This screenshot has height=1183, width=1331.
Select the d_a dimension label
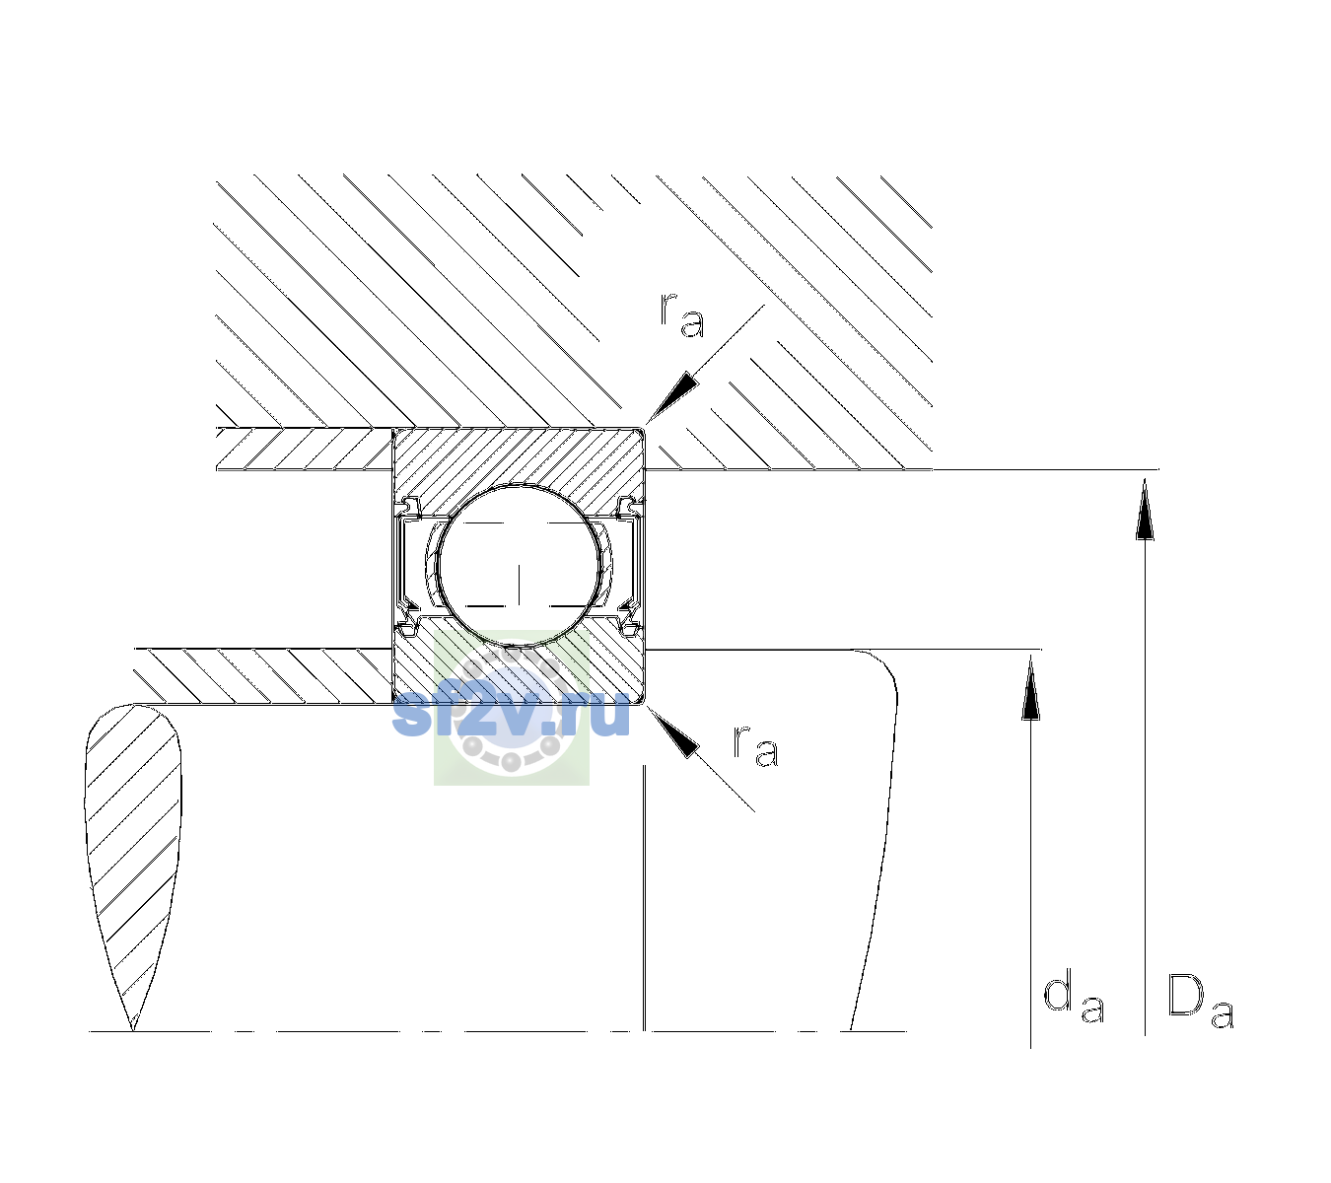click(x=1074, y=997)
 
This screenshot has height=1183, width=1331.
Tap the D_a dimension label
click(x=1200, y=1001)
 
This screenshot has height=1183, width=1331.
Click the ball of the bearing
click(x=519, y=566)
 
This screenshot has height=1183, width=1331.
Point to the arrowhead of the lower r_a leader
click(x=672, y=731)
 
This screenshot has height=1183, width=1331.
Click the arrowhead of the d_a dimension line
click(x=1030, y=686)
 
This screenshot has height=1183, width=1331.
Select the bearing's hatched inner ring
click(x=519, y=670)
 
